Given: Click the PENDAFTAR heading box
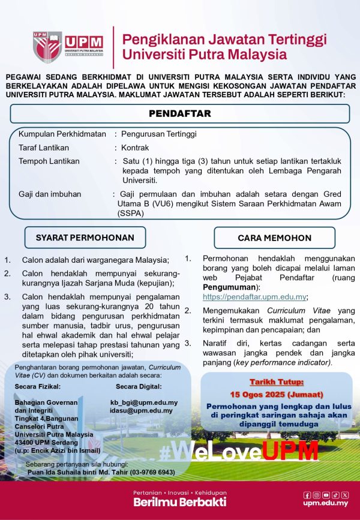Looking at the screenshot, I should coord(180,113).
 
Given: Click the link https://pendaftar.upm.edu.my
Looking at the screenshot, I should coord(255,297).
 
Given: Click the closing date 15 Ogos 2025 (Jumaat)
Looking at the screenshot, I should coord(277,394).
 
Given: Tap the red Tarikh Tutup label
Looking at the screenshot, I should coord(277,382).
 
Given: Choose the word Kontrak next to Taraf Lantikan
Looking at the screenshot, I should coord(135,147).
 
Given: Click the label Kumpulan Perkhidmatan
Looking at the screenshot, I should coord(62,134).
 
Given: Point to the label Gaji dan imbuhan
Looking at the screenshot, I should coord(50,194).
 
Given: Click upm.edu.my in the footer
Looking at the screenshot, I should coord(325,503).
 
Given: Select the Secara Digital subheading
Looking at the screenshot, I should coord(139,386).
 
